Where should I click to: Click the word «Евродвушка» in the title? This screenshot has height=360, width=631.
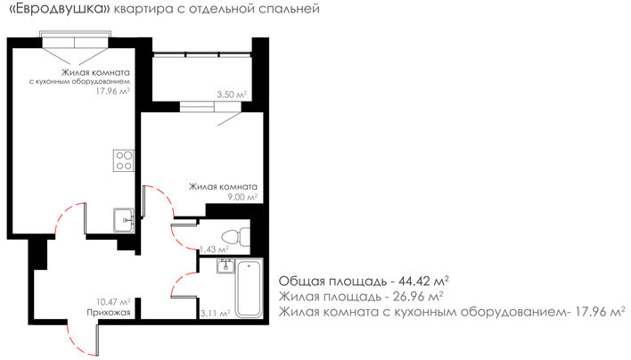59,9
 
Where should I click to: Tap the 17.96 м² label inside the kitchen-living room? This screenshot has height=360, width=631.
112,91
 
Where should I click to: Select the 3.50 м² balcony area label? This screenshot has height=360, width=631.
232,95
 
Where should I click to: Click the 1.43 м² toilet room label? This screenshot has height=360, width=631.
214,250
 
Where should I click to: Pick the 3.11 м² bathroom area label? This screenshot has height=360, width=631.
215,313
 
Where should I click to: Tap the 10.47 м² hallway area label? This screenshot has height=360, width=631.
113,302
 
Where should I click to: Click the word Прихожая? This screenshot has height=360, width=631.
109,313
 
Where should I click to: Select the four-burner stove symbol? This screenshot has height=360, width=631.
124,160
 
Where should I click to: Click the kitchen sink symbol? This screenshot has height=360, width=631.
124,220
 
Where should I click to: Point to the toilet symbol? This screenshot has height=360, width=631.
236,237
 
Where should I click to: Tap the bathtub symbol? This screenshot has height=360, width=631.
249,288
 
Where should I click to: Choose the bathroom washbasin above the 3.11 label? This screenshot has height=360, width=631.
225,266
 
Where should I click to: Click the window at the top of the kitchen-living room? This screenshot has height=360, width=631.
75,43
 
